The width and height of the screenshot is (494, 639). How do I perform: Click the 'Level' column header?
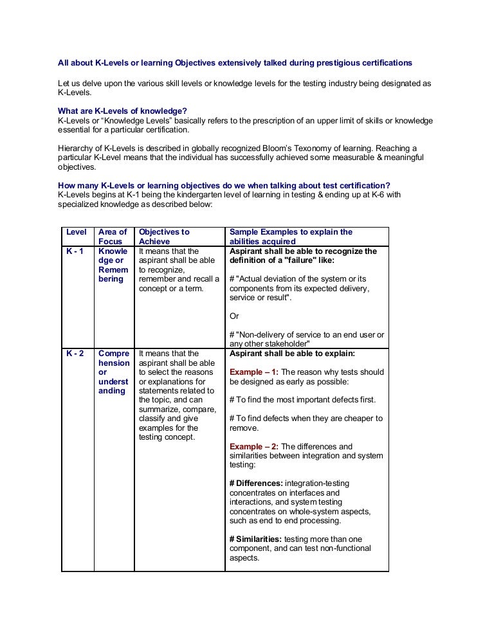click(x=77, y=232)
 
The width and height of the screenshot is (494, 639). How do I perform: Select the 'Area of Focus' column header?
click(x=113, y=237)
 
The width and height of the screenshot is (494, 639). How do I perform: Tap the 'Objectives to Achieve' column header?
click(x=164, y=237)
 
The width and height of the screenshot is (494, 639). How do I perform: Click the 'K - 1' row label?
click(x=75, y=251)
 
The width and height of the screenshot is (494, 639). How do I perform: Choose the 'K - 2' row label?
click(x=75, y=354)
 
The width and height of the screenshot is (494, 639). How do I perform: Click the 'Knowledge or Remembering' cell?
click(x=113, y=265)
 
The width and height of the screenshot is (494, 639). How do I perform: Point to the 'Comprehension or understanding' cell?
click(x=113, y=372)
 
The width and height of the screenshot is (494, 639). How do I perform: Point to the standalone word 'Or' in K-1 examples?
click(x=234, y=316)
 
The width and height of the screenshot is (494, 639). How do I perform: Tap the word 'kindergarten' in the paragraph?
click(x=172, y=195)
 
